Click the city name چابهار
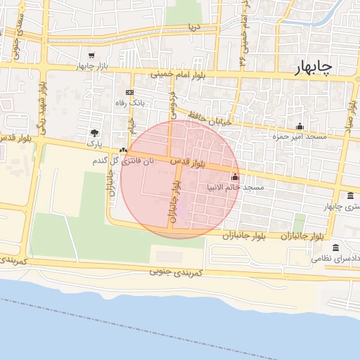(310, 66)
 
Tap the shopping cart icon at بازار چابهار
(91, 55)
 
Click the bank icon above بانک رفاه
(129, 92)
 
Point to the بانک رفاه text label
(129, 103)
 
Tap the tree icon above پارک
(94, 133)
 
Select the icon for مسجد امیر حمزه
(300, 126)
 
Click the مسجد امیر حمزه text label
(300, 136)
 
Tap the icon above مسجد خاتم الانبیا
(234, 177)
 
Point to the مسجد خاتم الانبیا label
(236, 188)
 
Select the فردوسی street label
(172, 105)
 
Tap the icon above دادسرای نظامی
(335, 248)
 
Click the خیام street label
(131, 126)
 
